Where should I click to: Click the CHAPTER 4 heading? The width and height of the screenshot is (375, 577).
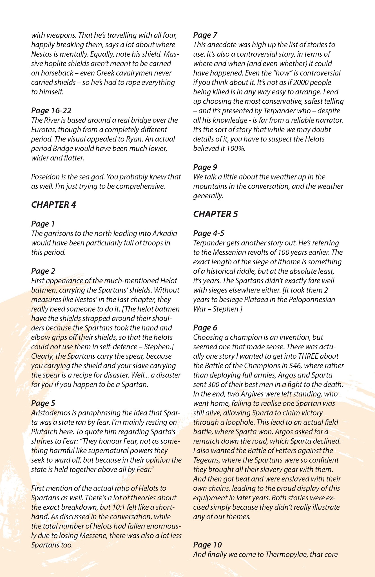(53, 205)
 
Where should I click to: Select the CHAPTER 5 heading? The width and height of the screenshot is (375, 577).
(215, 214)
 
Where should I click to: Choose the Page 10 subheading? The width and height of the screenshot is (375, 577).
(207, 545)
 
